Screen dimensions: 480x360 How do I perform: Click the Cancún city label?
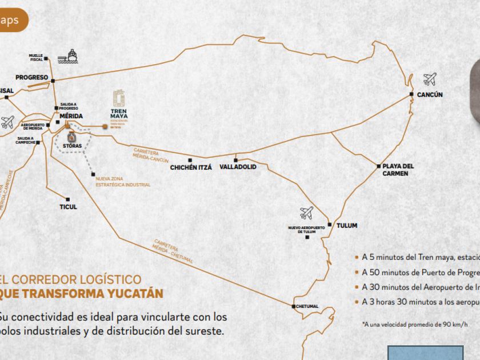(430, 95)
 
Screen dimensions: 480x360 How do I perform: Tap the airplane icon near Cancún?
(430, 79)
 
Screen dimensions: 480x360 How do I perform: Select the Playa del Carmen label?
(398, 170)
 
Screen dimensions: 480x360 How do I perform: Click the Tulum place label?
(347, 226)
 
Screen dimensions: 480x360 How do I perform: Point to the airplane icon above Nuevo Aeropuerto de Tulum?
(307, 213)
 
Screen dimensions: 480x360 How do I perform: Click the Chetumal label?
(307, 307)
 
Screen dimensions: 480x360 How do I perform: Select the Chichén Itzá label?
(191, 168)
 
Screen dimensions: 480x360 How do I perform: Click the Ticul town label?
(68, 207)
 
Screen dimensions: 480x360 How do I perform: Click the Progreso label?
(31, 78)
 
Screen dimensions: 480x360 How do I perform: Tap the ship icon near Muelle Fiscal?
(71, 56)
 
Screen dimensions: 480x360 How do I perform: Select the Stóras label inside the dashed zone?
(72, 146)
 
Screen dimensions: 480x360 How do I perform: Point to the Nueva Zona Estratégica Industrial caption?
(123, 182)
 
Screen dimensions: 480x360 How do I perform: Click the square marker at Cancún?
(411, 94)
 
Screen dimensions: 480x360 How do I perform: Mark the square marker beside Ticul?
(68, 199)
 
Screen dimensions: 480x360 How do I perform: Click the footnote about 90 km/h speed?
(414, 324)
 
